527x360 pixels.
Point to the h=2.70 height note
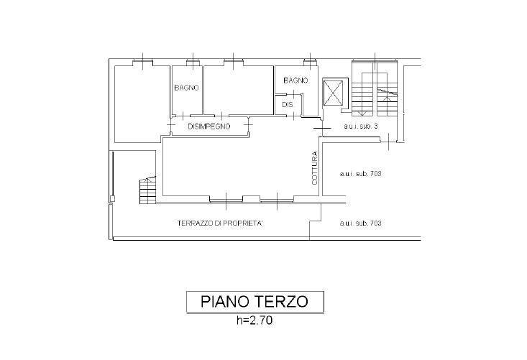(x=255, y=321)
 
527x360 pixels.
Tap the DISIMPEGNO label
(x=208, y=126)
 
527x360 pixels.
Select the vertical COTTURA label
(x=314, y=169)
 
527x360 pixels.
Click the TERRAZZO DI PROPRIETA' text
(x=220, y=223)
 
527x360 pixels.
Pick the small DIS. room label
(x=287, y=106)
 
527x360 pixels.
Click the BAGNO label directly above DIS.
(x=295, y=80)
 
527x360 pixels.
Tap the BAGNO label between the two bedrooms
(x=186, y=88)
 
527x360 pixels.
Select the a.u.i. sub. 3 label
(x=360, y=126)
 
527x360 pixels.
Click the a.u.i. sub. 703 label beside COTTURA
(x=359, y=174)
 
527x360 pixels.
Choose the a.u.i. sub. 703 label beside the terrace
(x=359, y=223)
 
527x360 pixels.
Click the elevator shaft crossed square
(x=334, y=92)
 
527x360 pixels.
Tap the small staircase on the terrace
(x=147, y=190)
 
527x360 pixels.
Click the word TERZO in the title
(x=283, y=301)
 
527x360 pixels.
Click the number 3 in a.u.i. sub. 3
(x=376, y=126)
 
